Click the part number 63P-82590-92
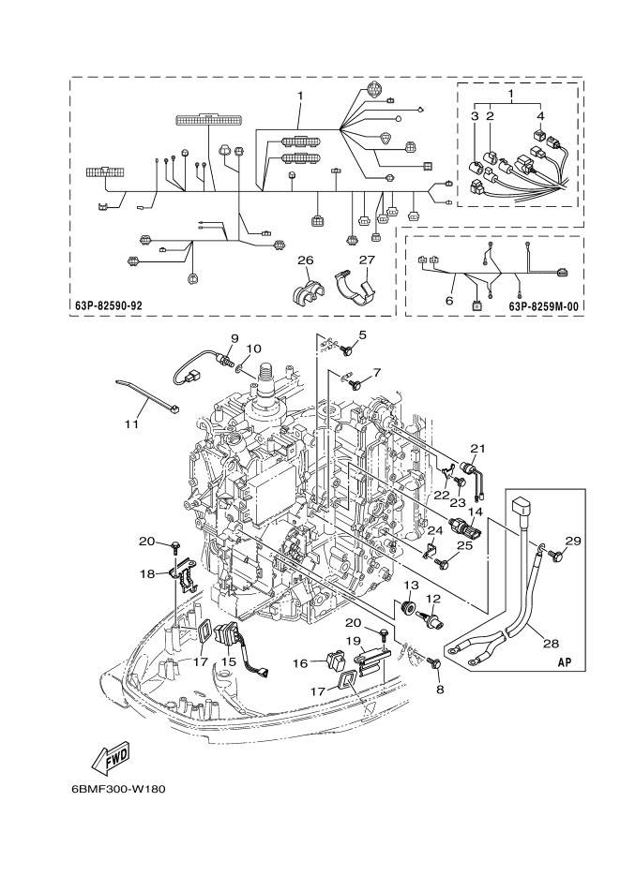pyautogui.click(x=109, y=305)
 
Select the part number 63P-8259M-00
pyautogui.click(x=543, y=305)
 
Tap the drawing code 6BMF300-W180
pyautogui.click(x=118, y=790)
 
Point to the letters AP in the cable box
pyautogui.click(x=566, y=661)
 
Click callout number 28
pyautogui.click(x=551, y=644)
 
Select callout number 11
pyautogui.click(x=131, y=424)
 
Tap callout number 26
pyautogui.click(x=305, y=260)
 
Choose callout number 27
pyautogui.click(x=367, y=260)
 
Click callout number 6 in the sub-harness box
pyautogui.click(x=449, y=301)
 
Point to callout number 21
pyautogui.click(x=478, y=448)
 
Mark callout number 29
pyautogui.click(x=573, y=541)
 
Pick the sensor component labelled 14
pyautogui.click(x=468, y=528)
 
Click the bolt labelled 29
pyautogui.click(x=557, y=556)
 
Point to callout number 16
pyautogui.click(x=301, y=663)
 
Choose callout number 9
pyautogui.click(x=234, y=338)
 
